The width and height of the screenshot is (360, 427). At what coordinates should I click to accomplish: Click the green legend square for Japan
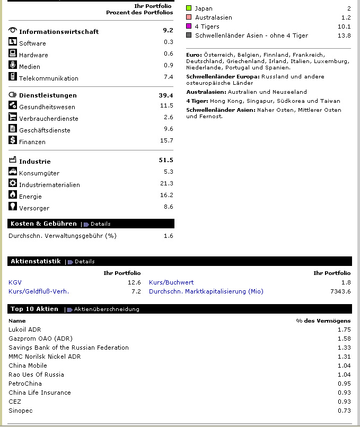[189, 8]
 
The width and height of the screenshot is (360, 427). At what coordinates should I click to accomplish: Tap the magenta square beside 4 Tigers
[189, 26]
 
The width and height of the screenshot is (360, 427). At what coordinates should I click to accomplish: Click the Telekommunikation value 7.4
[168, 77]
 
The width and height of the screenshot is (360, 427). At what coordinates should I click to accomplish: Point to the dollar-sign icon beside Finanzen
[13, 140]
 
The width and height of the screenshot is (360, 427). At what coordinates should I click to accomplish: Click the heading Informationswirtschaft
[59, 32]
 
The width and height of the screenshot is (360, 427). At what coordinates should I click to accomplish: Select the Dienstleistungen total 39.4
[166, 95]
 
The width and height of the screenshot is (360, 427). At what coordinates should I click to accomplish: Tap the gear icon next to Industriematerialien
[13, 183]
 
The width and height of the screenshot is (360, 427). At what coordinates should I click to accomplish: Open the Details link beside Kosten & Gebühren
[100, 224]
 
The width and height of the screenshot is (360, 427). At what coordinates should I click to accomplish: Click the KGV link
[15, 282]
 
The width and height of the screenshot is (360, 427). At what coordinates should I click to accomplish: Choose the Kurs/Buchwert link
[171, 282]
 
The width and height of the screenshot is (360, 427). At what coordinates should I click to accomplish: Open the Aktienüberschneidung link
[107, 309]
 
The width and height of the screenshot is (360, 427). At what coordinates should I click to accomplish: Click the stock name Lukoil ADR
[24, 330]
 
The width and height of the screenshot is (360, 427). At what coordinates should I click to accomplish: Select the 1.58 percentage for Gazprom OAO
[344, 339]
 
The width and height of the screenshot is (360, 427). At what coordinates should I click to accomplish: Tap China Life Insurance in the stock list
[40, 393]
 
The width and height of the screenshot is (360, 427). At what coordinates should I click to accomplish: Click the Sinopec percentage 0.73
[344, 411]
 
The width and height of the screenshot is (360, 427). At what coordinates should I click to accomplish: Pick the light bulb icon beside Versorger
[13, 207]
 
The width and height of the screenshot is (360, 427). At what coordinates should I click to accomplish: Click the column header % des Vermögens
[323, 321]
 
